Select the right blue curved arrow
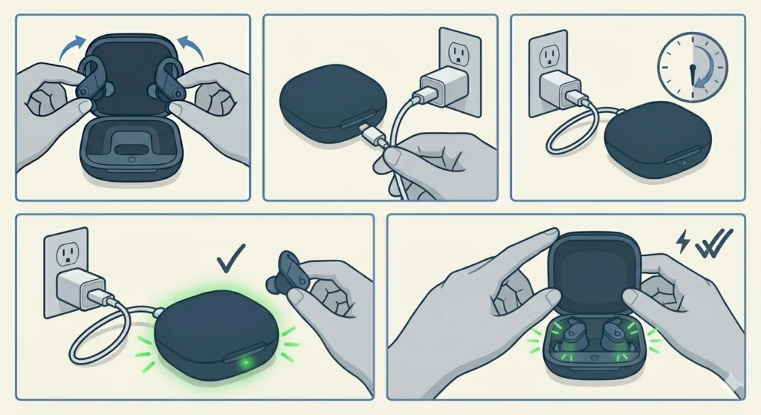pyautogui.click(x=193, y=53)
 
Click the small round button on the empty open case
pyautogui.click(x=132, y=159)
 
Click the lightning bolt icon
pyautogui.click(x=683, y=239)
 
